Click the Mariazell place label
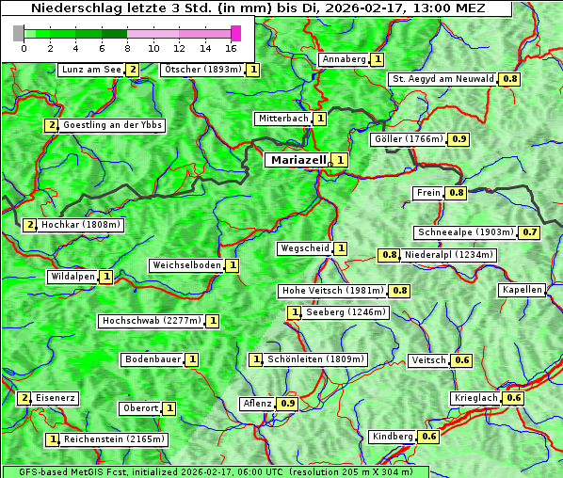298,160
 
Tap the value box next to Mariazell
340,160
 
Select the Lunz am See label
90,70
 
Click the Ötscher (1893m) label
202,70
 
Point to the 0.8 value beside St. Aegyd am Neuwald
509,79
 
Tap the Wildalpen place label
72,277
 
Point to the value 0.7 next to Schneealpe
530,232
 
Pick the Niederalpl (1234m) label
449,255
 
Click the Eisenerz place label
56,398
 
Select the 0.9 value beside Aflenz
288,404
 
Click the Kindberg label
393,437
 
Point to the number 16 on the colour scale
231,47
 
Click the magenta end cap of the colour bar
235,33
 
